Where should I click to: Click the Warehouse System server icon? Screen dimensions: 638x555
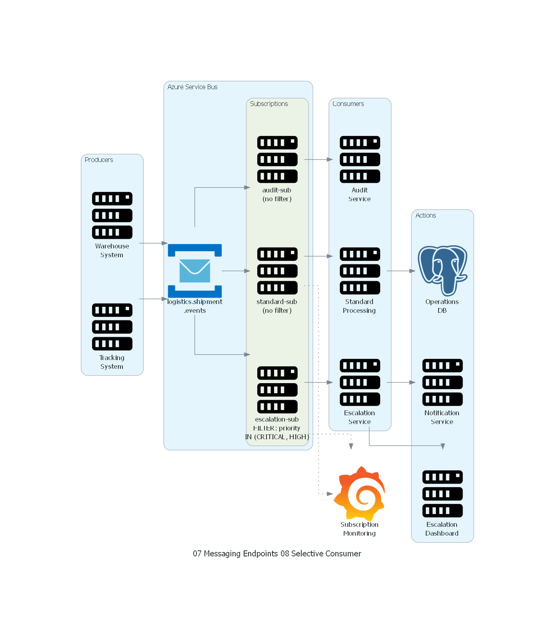pos(112,215)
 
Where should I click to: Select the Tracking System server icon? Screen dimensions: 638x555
pos(112,327)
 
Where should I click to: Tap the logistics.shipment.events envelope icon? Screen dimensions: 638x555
pos(195,271)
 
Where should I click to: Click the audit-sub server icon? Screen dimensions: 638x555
pos(277,159)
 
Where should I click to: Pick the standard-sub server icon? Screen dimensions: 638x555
pos(277,271)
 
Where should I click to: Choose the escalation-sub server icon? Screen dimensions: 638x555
pos(277,390)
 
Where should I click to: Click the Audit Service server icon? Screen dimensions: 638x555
pos(360,159)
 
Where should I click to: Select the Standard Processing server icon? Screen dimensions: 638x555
pos(360,271)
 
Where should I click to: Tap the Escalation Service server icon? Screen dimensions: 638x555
pos(360,382)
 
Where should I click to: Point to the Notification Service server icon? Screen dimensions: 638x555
pos(443,382)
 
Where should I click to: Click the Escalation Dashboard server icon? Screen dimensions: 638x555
pos(443,494)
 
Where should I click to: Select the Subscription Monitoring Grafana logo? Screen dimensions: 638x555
pos(360,494)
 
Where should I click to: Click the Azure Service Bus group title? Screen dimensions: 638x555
pos(192,87)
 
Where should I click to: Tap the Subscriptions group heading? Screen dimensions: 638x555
pos(269,104)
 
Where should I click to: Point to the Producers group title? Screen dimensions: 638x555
pos(99,160)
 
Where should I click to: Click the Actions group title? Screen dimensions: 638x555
pos(426,215)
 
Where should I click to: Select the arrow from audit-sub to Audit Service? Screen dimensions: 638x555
pos(319,160)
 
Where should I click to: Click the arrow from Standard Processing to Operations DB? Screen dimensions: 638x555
pos(401,271)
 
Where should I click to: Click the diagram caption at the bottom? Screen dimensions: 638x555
pos(277,554)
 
